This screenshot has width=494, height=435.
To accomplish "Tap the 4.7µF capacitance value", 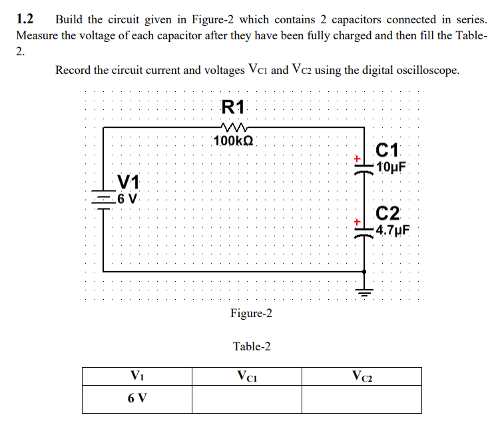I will pyautogui.click(x=393, y=231).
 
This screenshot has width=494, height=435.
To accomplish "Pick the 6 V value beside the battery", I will pyautogui.click(x=126, y=198).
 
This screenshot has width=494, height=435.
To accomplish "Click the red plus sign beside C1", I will pyautogui.click(x=357, y=159).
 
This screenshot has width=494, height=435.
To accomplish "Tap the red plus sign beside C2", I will pyautogui.click(x=357, y=220).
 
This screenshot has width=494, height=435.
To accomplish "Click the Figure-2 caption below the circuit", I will pyautogui.click(x=251, y=313).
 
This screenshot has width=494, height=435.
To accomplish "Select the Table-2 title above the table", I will pyautogui.click(x=252, y=346).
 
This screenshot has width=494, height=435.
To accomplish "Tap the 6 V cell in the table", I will pyautogui.click(x=137, y=399).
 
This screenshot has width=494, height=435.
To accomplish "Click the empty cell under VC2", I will pyautogui.click(x=362, y=400).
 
